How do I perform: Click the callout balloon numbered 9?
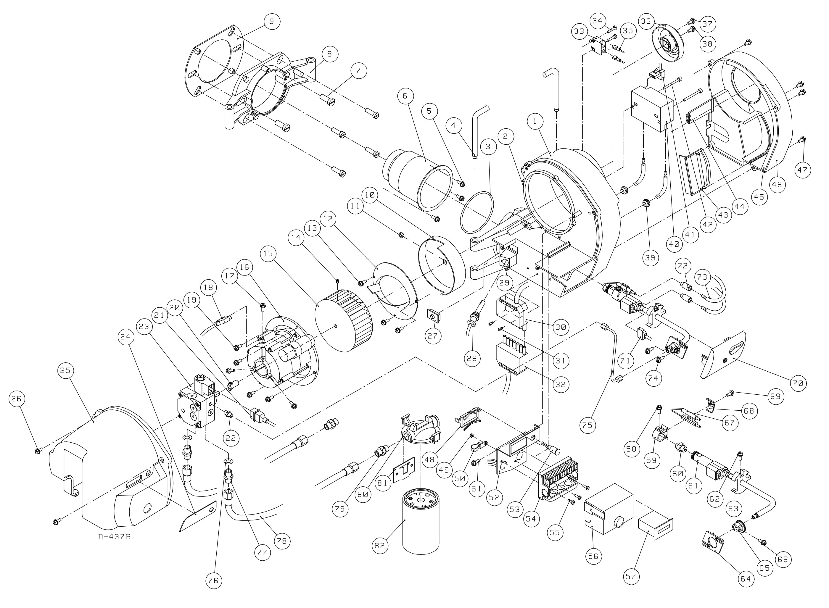pyautogui.click(x=271, y=21)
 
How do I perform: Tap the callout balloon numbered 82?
pyautogui.click(x=379, y=546)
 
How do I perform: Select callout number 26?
pyautogui.click(x=18, y=399)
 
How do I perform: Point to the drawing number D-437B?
pyautogui.click(x=114, y=537)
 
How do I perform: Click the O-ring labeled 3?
pyautogui.click(x=477, y=213)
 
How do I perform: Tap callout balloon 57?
pyautogui.click(x=631, y=576)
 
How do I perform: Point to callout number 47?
pyautogui.click(x=802, y=170)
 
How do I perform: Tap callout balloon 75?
pyautogui.click(x=587, y=425)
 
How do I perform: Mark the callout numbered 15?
pyautogui.click(x=269, y=254)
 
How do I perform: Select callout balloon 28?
pyautogui.click(x=471, y=358)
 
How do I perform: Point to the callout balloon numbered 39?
pyautogui.click(x=650, y=258)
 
